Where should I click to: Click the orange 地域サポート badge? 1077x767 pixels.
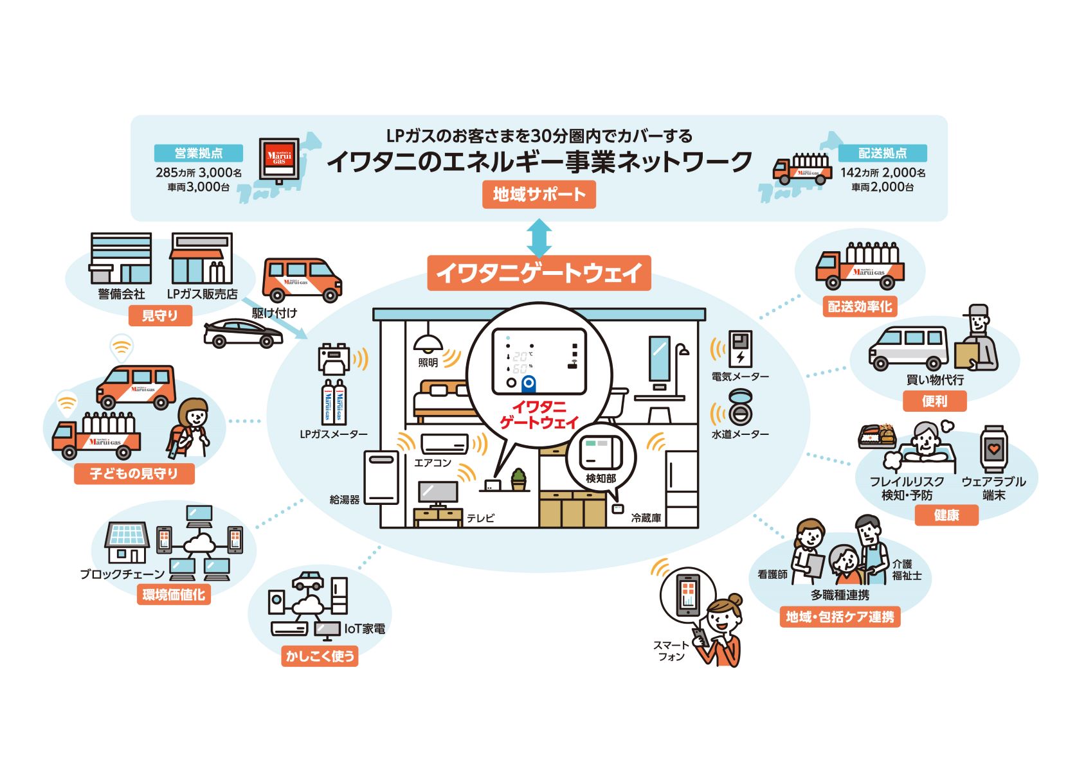tap(539, 195)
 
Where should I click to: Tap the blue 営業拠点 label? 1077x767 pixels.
tap(199, 153)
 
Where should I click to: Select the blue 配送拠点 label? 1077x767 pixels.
tap(882, 153)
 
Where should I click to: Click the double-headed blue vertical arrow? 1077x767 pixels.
tap(539, 238)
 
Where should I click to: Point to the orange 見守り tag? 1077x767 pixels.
tap(160, 315)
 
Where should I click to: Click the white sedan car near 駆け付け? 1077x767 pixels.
tap(242, 333)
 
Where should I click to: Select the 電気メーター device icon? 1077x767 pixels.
tap(740, 349)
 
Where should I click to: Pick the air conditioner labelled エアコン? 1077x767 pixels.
tap(444, 444)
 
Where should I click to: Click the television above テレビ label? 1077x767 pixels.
tap(438, 493)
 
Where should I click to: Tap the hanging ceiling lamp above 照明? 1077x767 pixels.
tap(428, 343)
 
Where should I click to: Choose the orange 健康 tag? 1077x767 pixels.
tap(946, 515)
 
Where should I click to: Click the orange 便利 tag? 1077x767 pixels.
tap(934, 401)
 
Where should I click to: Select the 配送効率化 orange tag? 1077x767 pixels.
tap(860, 306)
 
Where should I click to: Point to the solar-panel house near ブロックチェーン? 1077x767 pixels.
tap(127, 543)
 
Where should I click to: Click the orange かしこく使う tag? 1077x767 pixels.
tap(320, 656)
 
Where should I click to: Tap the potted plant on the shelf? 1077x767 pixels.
tap(518, 479)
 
